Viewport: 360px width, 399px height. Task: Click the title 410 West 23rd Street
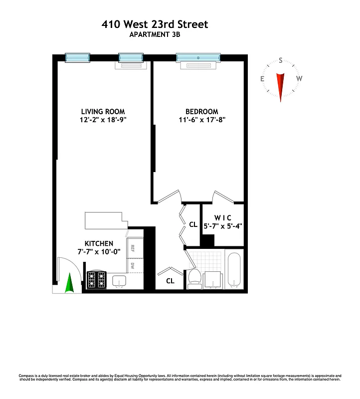(x=155, y=24)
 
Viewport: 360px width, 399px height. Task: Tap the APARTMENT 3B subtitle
(x=155, y=34)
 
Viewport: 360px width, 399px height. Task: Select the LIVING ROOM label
(x=103, y=111)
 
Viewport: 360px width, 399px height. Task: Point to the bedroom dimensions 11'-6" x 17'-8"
(x=202, y=120)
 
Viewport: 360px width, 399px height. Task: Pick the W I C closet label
(x=222, y=217)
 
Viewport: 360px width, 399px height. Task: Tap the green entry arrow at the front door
(x=70, y=284)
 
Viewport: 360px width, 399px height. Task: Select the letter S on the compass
(x=281, y=61)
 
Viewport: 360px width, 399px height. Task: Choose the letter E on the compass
(x=262, y=79)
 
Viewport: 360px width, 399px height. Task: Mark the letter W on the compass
(x=299, y=79)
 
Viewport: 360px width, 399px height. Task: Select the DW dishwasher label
(x=133, y=266)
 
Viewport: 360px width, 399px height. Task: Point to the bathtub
(x=234, y=271)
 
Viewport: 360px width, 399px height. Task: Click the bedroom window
(x=198, y=58)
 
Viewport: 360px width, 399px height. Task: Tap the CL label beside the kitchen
(x=170, y=281)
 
